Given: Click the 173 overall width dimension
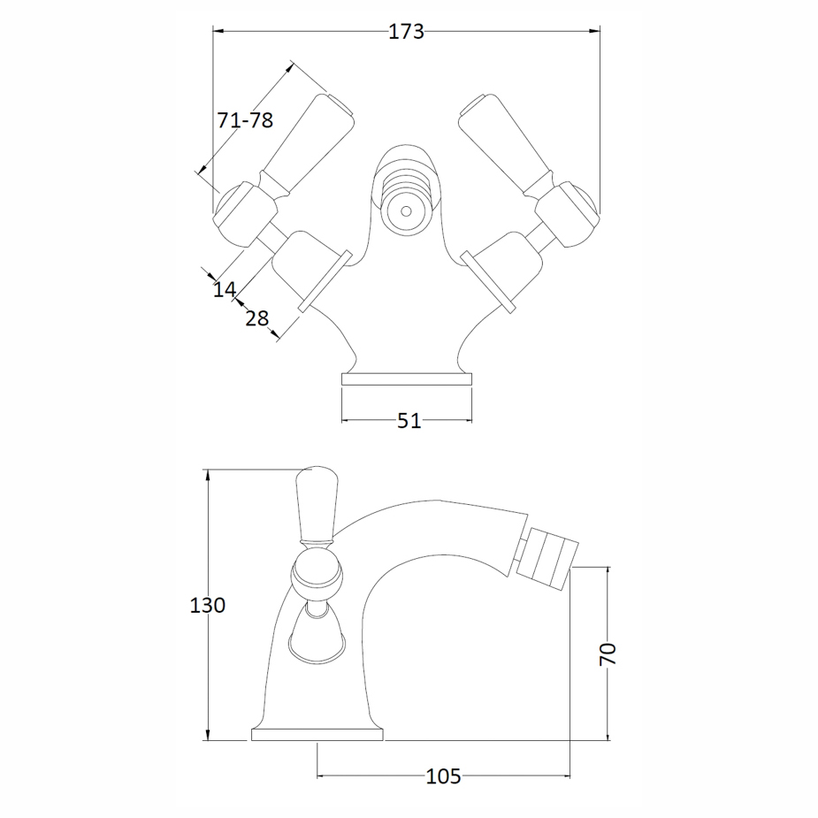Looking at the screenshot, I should [407, 33].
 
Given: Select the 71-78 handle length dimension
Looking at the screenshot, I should [245, 120].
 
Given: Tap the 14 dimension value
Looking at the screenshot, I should [225, 288].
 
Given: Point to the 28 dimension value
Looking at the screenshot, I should [256, 317].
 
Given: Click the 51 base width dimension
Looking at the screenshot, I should [408, 421].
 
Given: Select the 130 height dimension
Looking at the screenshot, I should [208, 606].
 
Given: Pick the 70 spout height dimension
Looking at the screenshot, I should [608, 654].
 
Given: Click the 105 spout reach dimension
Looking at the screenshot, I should [443, 776].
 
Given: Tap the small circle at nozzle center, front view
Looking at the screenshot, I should [406, 211].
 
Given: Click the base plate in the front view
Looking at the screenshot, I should [407, 379].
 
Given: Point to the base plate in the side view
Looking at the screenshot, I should [317, 734].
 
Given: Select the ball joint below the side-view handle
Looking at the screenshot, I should [316, 575].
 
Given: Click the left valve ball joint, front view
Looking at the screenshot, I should [245, 212].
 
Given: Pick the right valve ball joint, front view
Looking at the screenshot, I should [568, 212].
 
